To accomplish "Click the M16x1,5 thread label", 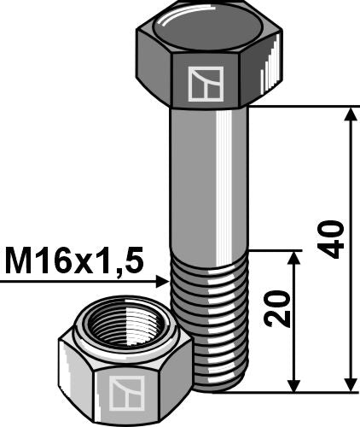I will tap(73, 258).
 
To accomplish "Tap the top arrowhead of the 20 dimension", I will tap(294, 260).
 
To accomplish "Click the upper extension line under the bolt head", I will tap(299, 107).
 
